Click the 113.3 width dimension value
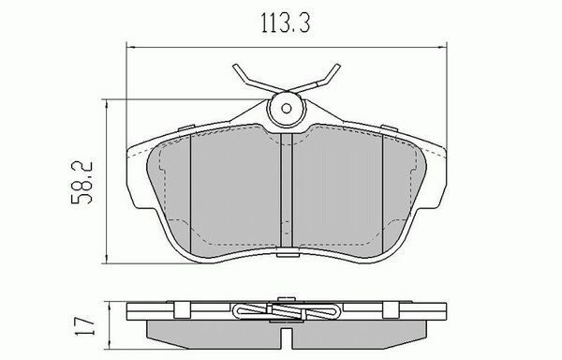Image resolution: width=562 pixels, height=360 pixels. [x=286, y=22]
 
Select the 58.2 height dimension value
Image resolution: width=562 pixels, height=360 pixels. [x=81, y=183]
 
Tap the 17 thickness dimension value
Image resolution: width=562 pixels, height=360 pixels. [x=85, y=325]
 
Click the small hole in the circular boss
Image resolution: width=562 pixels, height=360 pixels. [x=286, y=109]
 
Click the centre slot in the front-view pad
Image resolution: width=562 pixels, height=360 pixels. [x=287, y=190]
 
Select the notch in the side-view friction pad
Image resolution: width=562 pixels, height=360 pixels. [x=286, y=338]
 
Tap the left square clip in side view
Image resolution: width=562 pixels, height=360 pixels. [x=182, y=309]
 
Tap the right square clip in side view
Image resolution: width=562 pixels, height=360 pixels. [x=391, y=309]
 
